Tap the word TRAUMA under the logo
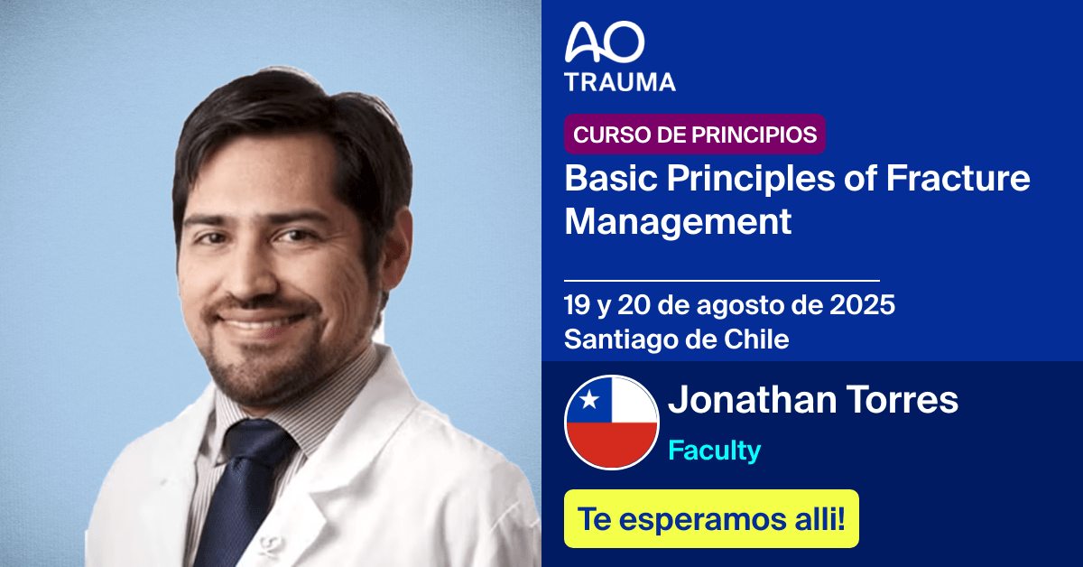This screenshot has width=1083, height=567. (x=619, y=81)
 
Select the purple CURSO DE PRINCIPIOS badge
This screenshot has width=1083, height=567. (x=695, y=135)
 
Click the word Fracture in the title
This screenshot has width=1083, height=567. (x=958, y=178)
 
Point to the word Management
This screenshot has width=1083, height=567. (x=678, y=221)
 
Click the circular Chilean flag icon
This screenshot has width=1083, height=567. (x=612, y=421)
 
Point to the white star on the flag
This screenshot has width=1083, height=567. (x=589, y=398)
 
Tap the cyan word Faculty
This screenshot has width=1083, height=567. (x=714, y=450)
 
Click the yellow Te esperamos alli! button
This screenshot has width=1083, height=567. (x=711, y=519)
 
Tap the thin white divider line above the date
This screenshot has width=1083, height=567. (x=721, y=281)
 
